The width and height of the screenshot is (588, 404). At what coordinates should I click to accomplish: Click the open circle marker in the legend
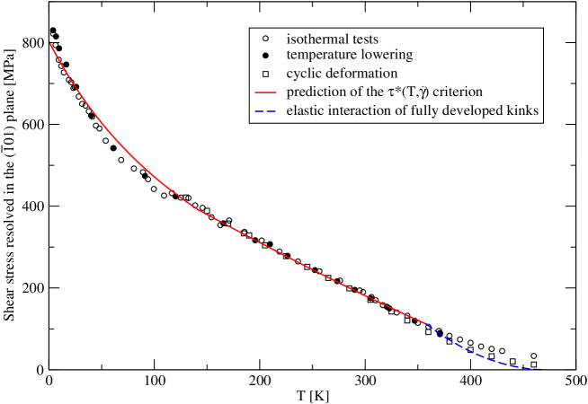[x=265, y=40]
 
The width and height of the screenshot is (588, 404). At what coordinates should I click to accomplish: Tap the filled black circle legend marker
[x=265, y=56]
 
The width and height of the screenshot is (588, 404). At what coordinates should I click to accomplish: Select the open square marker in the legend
[x=265, y=74]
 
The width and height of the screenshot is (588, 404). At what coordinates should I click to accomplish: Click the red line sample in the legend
[x=265, y=92]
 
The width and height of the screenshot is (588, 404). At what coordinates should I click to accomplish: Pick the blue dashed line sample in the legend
[x=265, y=111]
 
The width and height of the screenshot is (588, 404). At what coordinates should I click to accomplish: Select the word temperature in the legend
[x=323, y=56]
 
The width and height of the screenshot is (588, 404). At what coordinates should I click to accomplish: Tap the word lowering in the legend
[x=388, y=56]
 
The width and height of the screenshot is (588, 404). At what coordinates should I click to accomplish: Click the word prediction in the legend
[x=316, y=92]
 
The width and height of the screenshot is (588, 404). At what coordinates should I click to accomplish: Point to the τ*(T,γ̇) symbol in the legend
[x=422, y=92]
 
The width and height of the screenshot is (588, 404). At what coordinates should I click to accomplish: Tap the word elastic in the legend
[x=306, y=111]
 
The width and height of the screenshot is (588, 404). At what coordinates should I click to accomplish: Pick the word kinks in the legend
[x=521, y=111]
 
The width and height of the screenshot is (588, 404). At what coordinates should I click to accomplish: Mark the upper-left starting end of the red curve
[x=50, y=42]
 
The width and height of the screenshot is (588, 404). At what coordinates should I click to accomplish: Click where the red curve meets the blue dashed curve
[x=424, y=322]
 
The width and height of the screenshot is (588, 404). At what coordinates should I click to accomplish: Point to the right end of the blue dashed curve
[x=540, y=368]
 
